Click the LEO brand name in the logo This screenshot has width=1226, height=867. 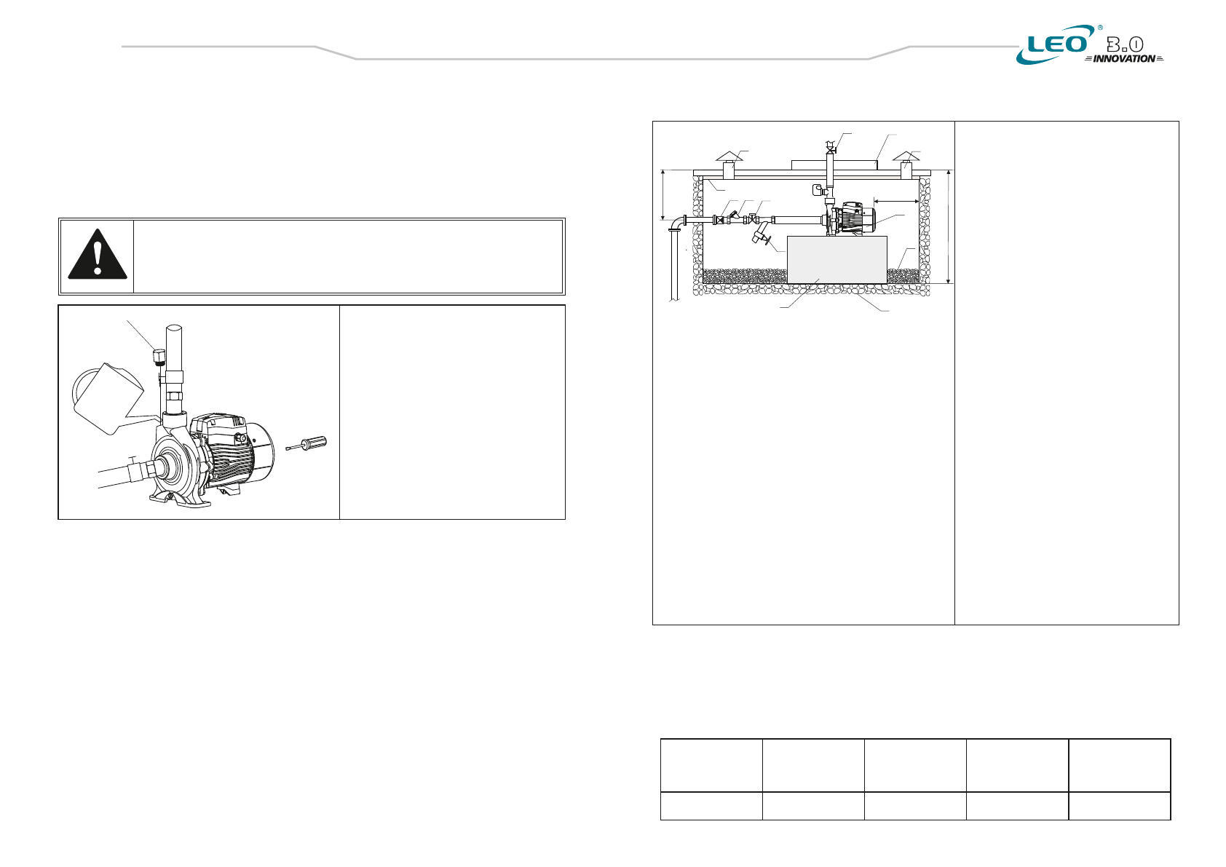click(x=1057, y=44)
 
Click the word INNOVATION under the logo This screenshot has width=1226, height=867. click(x=1124, y=59)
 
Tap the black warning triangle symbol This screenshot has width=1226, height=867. click(x=98, y=254)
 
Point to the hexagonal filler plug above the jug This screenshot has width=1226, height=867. click(x=158, y=356)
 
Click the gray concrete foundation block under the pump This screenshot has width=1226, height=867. click(x=837, y=260)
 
